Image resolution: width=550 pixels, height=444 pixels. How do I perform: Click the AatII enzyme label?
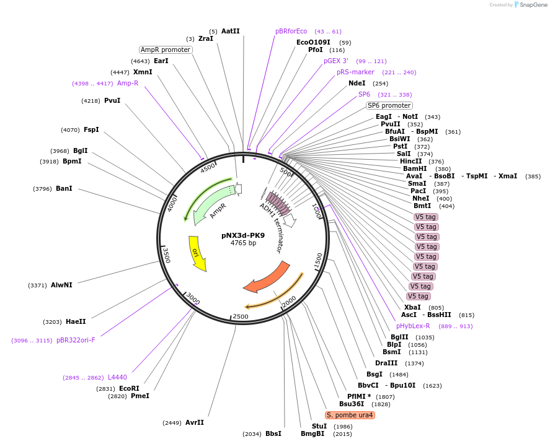pos(230,31)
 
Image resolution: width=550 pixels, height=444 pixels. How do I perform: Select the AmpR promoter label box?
pos(166,50)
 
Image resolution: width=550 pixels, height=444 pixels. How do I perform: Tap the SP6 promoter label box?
pos(389,105)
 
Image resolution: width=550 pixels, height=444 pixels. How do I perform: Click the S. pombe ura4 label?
pos(350,415)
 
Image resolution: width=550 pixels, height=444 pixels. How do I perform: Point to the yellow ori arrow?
pos(197,253)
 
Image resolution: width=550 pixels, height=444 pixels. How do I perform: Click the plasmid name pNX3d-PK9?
pos(243,235)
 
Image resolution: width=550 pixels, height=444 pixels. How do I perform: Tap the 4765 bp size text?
pos(243,243)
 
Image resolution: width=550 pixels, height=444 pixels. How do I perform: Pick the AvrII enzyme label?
pos(194,422)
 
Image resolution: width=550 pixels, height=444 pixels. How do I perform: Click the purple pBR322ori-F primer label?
pos(76,340)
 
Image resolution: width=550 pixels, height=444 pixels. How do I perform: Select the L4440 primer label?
pos(117,377)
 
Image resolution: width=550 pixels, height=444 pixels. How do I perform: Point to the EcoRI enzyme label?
pos(129,388)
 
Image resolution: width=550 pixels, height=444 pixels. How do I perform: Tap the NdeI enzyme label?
pos(357,83)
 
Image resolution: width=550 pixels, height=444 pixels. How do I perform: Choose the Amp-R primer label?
pos(128,83)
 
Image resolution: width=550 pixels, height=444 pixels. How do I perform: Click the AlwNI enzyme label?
pos(61,285)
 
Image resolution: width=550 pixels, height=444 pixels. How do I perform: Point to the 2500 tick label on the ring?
pos(240,316)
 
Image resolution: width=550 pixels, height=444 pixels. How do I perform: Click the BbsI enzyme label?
pos(273,433)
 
